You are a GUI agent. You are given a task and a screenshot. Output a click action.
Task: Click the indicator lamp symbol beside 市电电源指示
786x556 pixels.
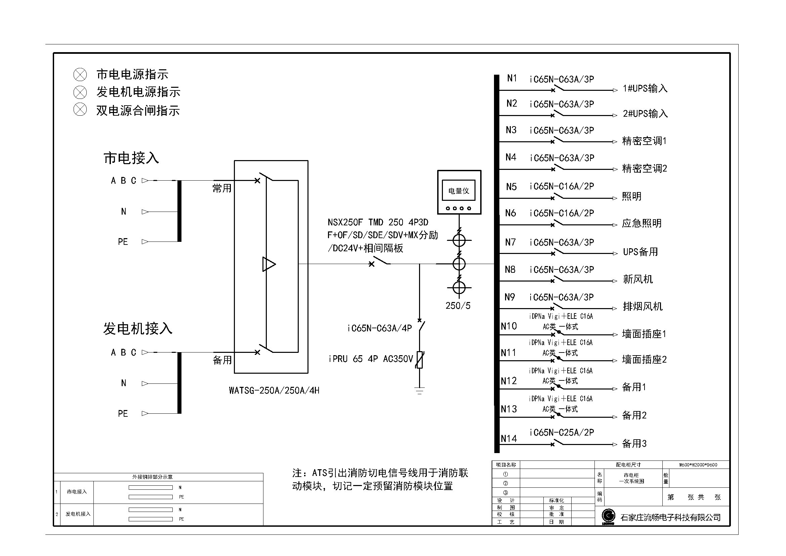(x=80, y=74)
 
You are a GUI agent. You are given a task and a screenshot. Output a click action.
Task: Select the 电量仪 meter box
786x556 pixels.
(x=459, y=192)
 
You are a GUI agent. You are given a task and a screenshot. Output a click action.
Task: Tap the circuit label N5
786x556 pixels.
(x=511, y=187)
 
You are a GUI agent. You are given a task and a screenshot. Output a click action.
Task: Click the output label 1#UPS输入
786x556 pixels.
(x=645, y=88)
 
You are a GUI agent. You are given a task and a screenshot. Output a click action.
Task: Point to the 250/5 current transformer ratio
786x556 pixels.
(x=458, y=305)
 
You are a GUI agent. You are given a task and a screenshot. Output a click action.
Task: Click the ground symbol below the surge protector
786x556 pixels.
(x=419, y=391)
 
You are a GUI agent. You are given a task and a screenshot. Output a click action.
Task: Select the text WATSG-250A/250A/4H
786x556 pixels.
(x=274, y=391)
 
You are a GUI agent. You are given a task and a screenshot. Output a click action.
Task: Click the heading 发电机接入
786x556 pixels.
(x=138, y=329)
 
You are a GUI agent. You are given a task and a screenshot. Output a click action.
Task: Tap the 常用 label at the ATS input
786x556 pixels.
(x=222, y=188)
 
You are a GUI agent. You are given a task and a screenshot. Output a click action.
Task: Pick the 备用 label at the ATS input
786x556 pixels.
(x=222, y=360)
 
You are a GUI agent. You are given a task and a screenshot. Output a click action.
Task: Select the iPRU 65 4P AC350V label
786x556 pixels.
(x=371, y=359)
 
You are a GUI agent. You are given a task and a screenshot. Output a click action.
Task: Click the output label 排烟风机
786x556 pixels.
(x=643, y=306)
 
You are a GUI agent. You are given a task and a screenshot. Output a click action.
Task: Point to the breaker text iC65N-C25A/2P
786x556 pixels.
(x=562, y=433)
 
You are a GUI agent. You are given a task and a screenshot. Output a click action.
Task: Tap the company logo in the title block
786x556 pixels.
(x=608, y=517)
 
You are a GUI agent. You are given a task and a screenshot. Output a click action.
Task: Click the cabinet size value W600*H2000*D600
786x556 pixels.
(x=698, y=465)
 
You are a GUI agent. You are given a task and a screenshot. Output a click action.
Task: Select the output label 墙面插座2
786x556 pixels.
(x=644, y=360)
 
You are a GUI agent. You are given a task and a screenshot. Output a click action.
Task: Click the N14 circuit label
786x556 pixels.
(x=509, y=439)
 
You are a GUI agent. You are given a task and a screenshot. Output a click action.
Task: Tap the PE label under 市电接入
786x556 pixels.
(x=123, y=242)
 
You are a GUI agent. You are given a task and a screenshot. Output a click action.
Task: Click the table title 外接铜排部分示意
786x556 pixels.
(x=152, y=477)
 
